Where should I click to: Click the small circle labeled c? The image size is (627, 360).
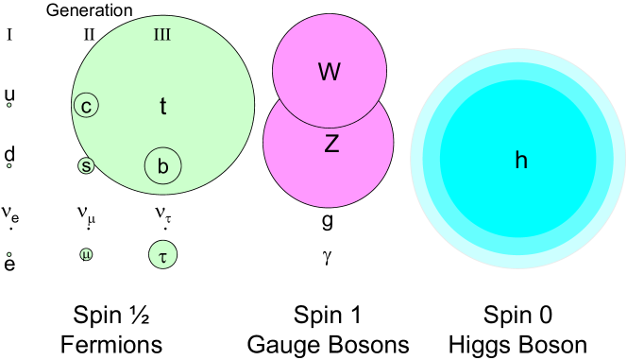(x=86, y=106)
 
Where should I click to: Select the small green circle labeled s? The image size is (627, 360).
(x=86, y=165)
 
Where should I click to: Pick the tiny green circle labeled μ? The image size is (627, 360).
(x=86, y=254)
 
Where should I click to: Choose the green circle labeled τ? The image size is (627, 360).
(x=162, y=254)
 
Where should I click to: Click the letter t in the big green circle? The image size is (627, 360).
(x=162, y=107)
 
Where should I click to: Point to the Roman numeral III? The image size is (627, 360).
(x=161, y=36)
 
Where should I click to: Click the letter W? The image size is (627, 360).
(x=329, y=72)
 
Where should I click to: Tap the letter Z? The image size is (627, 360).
(x=331, y=145)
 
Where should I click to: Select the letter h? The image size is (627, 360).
(x=520, y=161)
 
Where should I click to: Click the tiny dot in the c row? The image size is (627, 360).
(x=8, y=105)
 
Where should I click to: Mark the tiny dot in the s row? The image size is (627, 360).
(x=8, y=165)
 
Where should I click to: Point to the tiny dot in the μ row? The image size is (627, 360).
(x=8, y=254)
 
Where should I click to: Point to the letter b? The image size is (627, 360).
(x=162, y=167)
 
